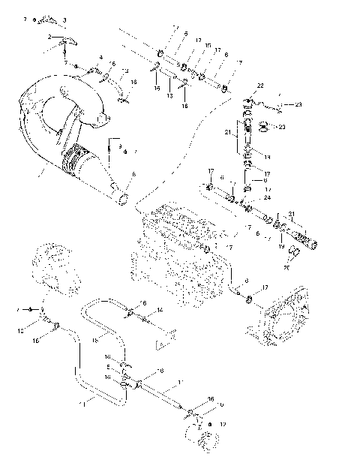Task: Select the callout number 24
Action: click(246, 198)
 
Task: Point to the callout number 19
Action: click(281, 245)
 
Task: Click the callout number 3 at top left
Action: click(64, 19)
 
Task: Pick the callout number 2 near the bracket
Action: click(49, 37)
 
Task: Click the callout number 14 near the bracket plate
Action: click(160, 310)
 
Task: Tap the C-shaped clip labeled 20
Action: click(295, 254)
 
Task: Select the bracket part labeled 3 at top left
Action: click(48, 18)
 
